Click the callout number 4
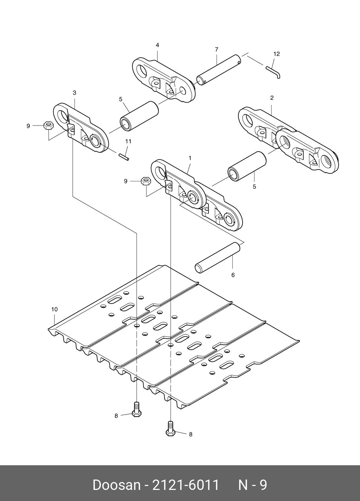click(157, 45)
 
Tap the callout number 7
click(217, 49)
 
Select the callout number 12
click(276, 54)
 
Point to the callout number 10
click(54, 309)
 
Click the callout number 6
click(233, 275)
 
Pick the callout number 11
click(128, 141)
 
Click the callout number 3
click(74, 93)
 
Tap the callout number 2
click(272, 98)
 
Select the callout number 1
click(190, 158)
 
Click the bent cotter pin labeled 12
click(274, 72)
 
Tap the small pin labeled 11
click(124, 156)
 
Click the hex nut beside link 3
click(48, 126)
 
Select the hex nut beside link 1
click(145, 181)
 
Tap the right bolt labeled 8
click(170, 428)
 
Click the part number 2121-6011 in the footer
click(186, 485)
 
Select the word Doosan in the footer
click(116, 485)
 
